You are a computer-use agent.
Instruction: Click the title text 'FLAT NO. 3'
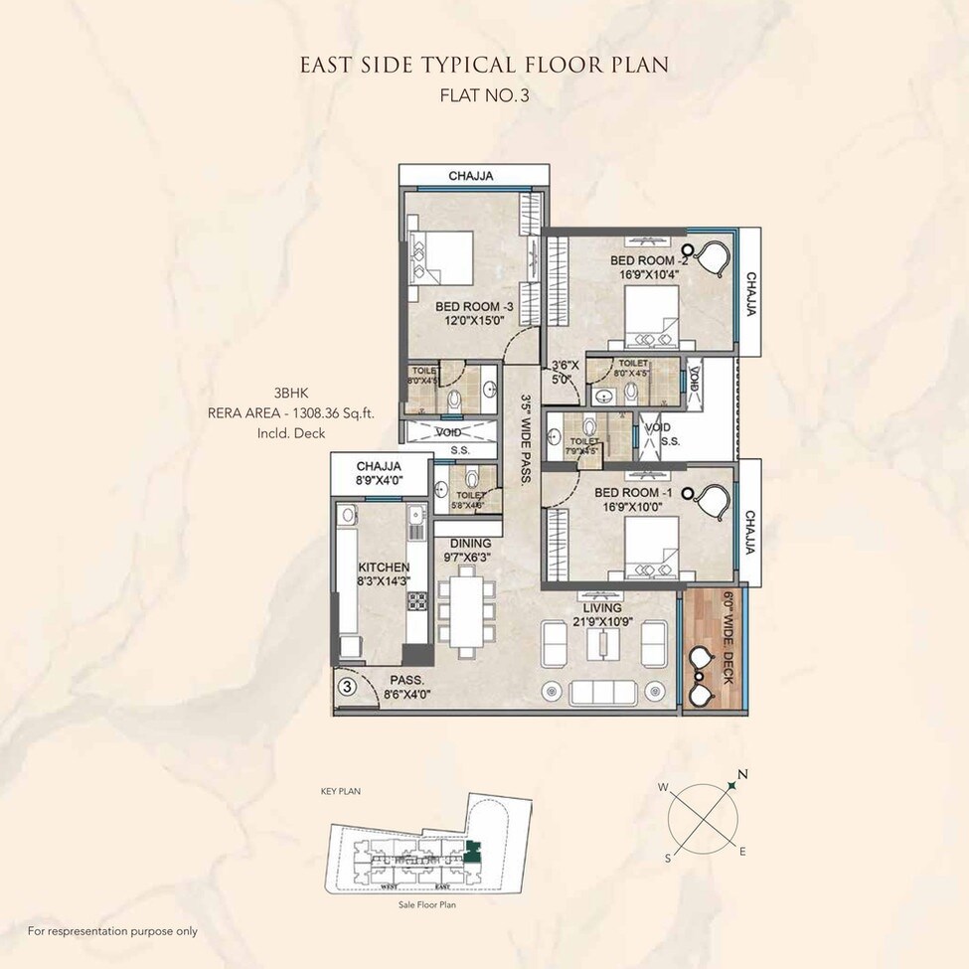(x=484, y=96)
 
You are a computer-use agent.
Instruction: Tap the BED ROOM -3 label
(x=473, y=307)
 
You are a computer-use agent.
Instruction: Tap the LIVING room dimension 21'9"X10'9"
(x=603, y=621)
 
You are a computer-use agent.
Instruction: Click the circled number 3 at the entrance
(x=347, y=685)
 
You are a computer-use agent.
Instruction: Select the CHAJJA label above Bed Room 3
(x=471, y=176)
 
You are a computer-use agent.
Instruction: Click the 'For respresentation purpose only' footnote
(x=112, y=931)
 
